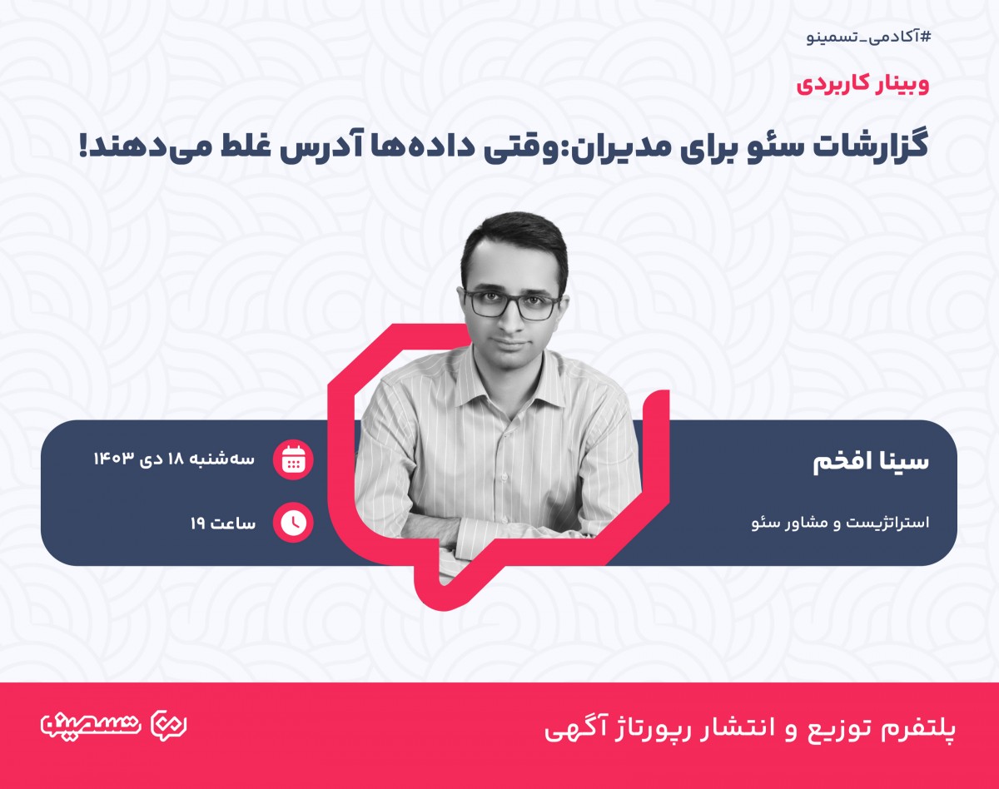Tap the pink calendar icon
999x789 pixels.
(x=293, y=459)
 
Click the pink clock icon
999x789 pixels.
(x=293, y=523)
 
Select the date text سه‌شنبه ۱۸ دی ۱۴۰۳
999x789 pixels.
(x=174, y=459)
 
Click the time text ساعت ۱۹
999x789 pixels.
(x=222, y=524)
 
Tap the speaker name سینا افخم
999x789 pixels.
(x=870, y=464)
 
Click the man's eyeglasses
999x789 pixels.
(x=512, y=305)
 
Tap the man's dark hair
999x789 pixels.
(x=512, y=237)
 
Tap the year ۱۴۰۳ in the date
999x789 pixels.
(x=113, y=459)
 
